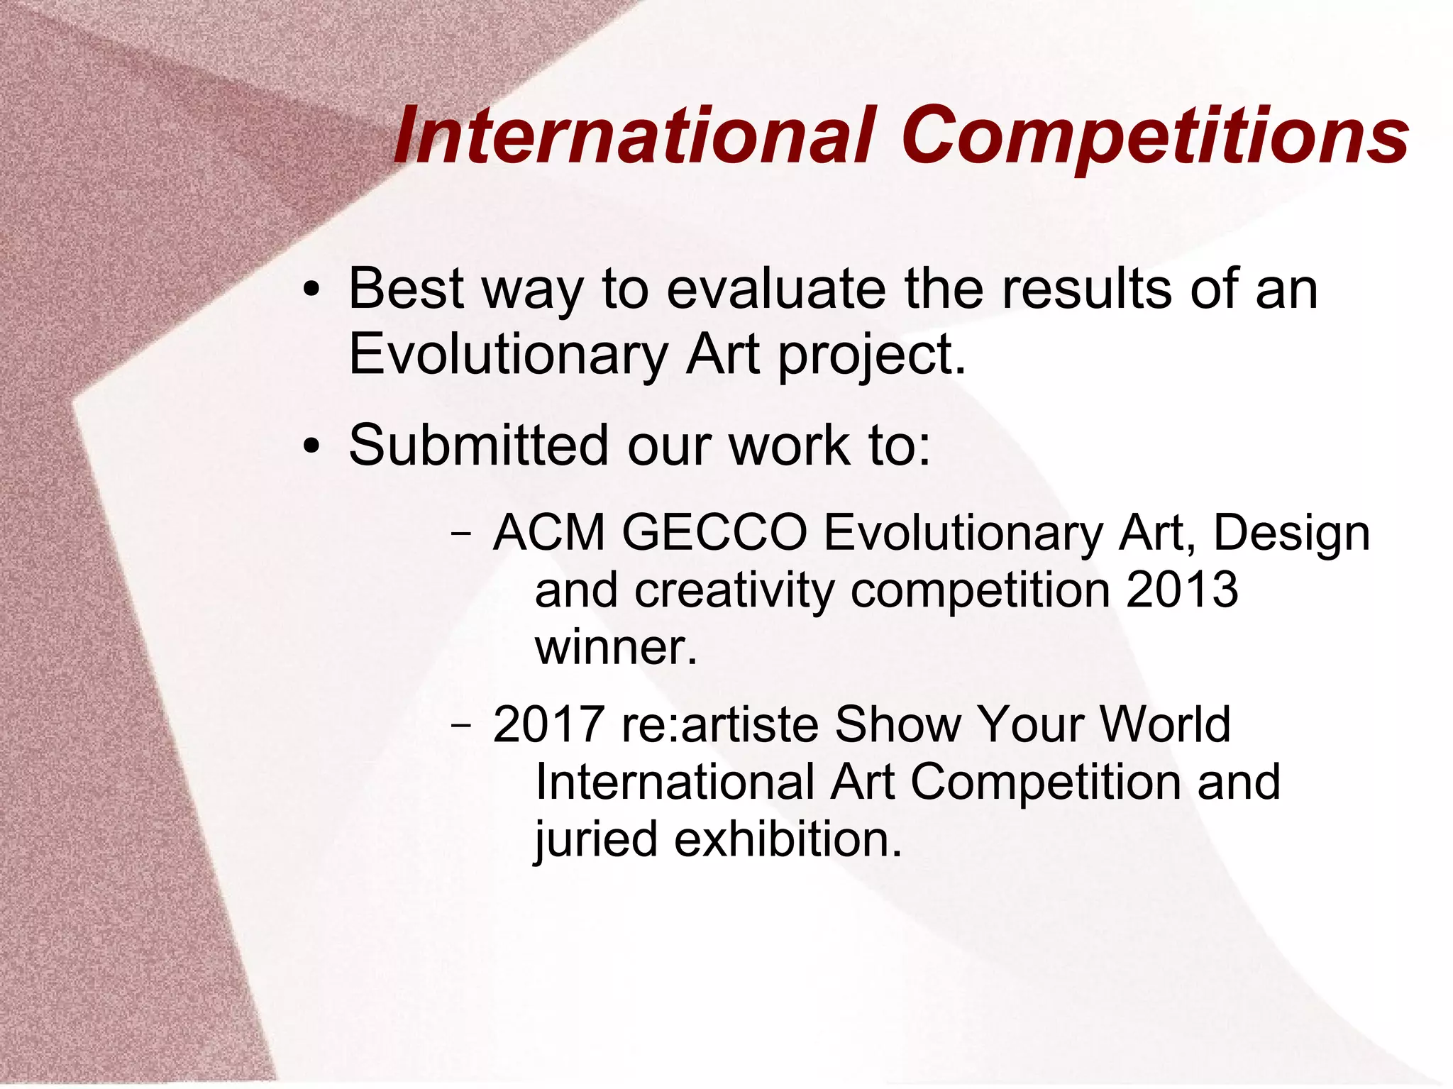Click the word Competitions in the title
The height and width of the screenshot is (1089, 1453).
coord(1155,136)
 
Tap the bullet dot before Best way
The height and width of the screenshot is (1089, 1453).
coord(311,292)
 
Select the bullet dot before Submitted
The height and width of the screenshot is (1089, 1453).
coord(311,448)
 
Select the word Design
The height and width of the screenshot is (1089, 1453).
coord(1291,534)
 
